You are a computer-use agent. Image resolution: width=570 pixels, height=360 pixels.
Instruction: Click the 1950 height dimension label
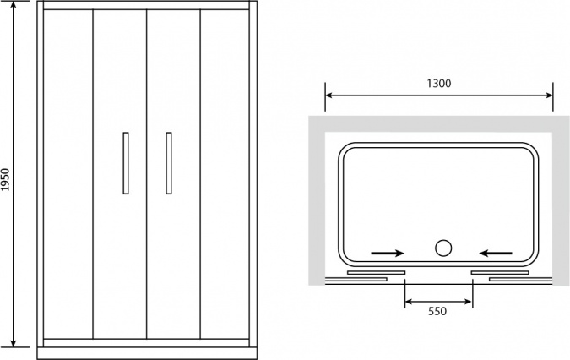[5, 180]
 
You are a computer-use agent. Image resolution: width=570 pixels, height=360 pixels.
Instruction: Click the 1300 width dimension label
[439, 84]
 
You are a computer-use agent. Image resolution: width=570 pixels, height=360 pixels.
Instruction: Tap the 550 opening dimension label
[437, 311]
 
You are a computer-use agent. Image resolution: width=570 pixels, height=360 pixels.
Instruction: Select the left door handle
[126, 163]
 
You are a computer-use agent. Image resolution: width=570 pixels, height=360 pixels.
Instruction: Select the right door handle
[169, 163]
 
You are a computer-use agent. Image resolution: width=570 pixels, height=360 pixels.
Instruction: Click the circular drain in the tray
[443, 248]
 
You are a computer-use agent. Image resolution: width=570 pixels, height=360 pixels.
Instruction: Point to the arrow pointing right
[388, 253]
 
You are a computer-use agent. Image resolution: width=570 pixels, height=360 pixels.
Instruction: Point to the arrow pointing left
[496, 253]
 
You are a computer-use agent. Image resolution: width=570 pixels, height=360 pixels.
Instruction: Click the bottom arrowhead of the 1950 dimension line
[14, 342]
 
